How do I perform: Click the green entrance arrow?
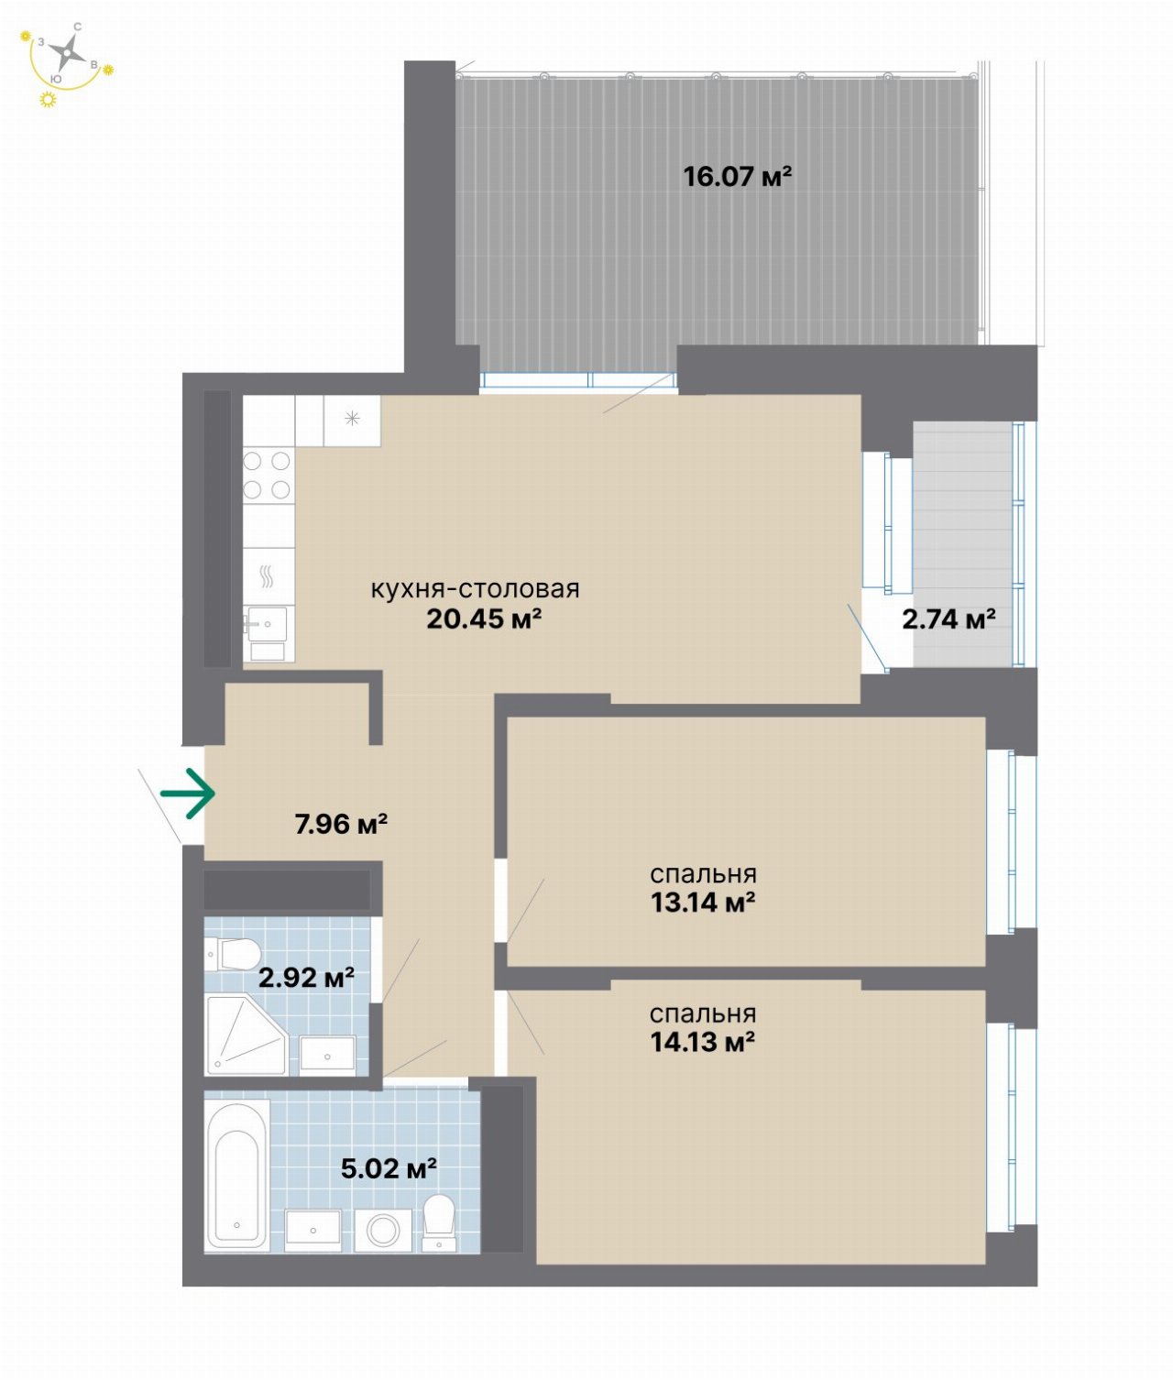coord(188,794)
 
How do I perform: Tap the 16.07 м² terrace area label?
coord(737,177)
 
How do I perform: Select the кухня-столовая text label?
coord(476,589)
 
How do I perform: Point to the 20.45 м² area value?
coord(483,619)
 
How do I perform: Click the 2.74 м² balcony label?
coord(948,619)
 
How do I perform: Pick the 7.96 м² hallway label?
coord(341,825)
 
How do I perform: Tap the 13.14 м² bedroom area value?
coord(703,903)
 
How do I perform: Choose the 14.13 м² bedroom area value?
coord(703,1042)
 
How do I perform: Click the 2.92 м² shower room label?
coord(306,978)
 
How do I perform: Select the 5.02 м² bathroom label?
coord(389,1168)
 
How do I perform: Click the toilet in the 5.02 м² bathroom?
coord(439,1221)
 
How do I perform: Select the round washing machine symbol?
coord(383,1231)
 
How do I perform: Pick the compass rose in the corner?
coord(68,52)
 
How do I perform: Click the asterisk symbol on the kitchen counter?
coord(352,419)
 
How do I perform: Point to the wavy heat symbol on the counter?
coord(267,575)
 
